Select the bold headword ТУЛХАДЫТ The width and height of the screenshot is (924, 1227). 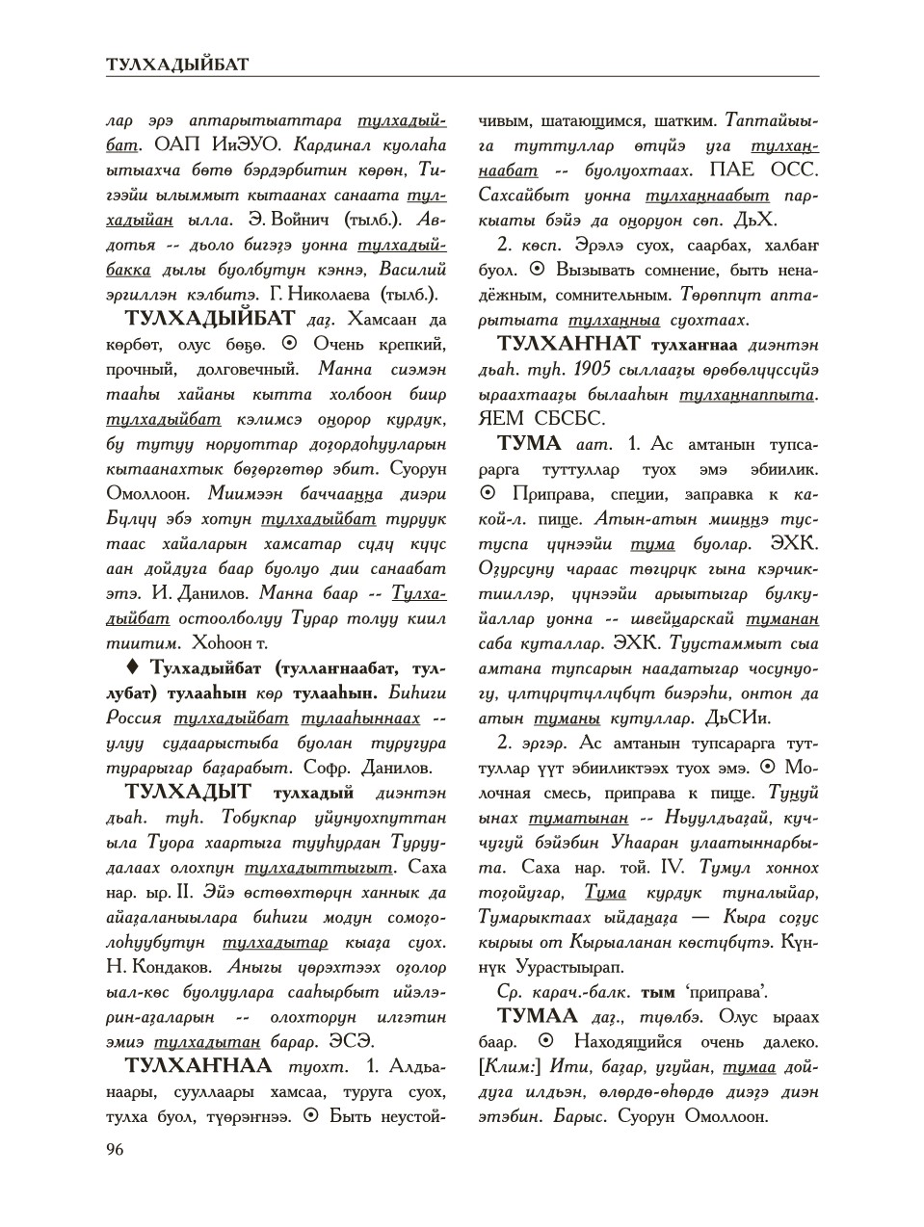point(188,793)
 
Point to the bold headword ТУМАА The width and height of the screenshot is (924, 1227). point(537,1017)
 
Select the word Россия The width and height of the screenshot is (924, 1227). point(134,718)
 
